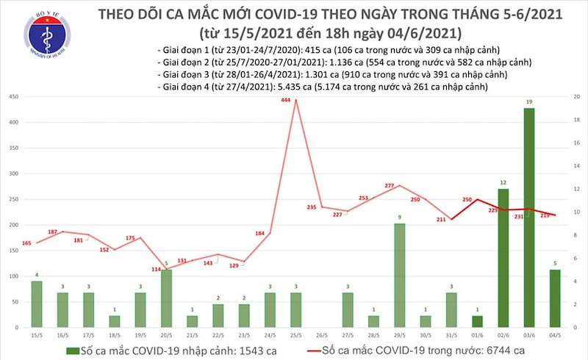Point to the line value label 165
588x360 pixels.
pos(26,243)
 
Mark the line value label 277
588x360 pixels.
pos(390,186)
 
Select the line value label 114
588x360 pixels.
pos(156,269)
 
